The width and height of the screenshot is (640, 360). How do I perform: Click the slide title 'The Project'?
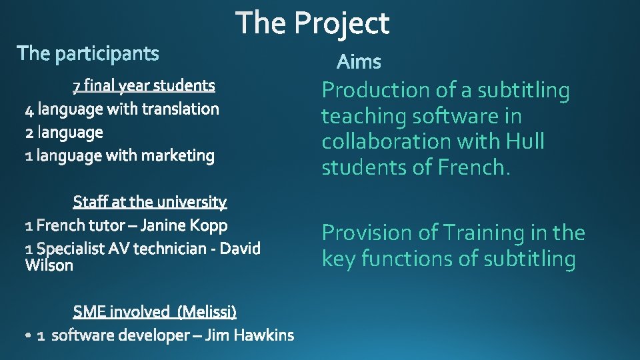313,23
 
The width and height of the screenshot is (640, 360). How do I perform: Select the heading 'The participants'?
88,53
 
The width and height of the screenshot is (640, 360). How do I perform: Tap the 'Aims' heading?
359,62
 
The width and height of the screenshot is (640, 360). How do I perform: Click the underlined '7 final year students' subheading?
144,85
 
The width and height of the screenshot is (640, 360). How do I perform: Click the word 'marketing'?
178,156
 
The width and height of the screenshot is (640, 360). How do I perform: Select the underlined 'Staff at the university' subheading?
150,201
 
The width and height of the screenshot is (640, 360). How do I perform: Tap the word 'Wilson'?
49,265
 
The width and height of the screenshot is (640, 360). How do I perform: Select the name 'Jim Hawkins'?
249,335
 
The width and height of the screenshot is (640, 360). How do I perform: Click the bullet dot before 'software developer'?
27,337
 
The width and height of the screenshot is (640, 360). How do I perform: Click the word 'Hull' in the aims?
525,141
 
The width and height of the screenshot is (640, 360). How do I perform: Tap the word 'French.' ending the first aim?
474,167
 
